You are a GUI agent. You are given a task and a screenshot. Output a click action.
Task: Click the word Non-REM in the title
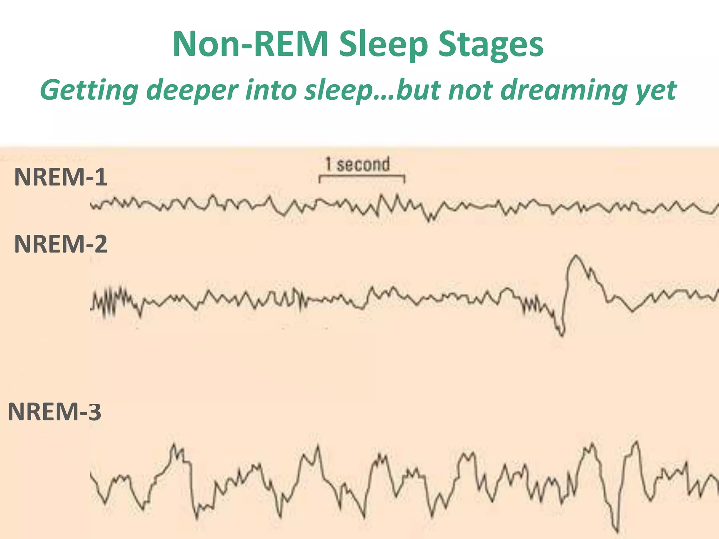coord(250,44)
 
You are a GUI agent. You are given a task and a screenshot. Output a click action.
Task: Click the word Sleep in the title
coord(383,45)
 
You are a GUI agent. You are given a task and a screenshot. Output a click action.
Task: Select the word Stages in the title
coord(491,45)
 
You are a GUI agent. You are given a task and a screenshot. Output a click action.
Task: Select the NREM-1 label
coord(60,177)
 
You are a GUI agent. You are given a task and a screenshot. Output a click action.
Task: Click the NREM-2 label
coord(60,244)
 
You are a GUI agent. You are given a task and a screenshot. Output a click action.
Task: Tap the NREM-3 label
coord(55,412)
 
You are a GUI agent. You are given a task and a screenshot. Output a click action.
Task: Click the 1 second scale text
coord(357,164)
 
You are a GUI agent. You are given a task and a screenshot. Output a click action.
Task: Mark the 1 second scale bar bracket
coord(362,177)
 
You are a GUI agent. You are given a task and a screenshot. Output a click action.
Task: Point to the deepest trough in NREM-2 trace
coord(562,335)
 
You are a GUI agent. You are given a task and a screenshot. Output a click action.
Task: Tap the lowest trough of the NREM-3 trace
coord(617,530)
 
